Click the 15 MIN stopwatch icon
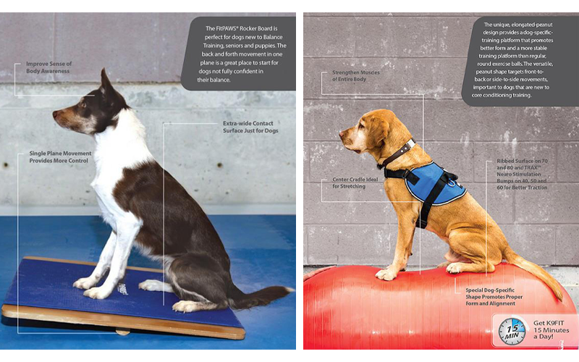click(512, 330)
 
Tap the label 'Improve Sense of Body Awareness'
click(48, 67)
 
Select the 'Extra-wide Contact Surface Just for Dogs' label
click(250, 127)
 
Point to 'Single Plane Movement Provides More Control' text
click(60, 157)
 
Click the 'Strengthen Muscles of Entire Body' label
click(355, 76)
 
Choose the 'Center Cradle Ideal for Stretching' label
click(355, 183)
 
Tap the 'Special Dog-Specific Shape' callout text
click(494, 297)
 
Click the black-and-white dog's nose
click(55, 114)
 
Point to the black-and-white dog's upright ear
click(105, 81)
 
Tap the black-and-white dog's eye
click(83, 105)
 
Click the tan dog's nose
click(342, 133)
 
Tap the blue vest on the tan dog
click(435, 183)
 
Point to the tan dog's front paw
click(386, 274)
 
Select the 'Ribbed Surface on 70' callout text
click(522, 161)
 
